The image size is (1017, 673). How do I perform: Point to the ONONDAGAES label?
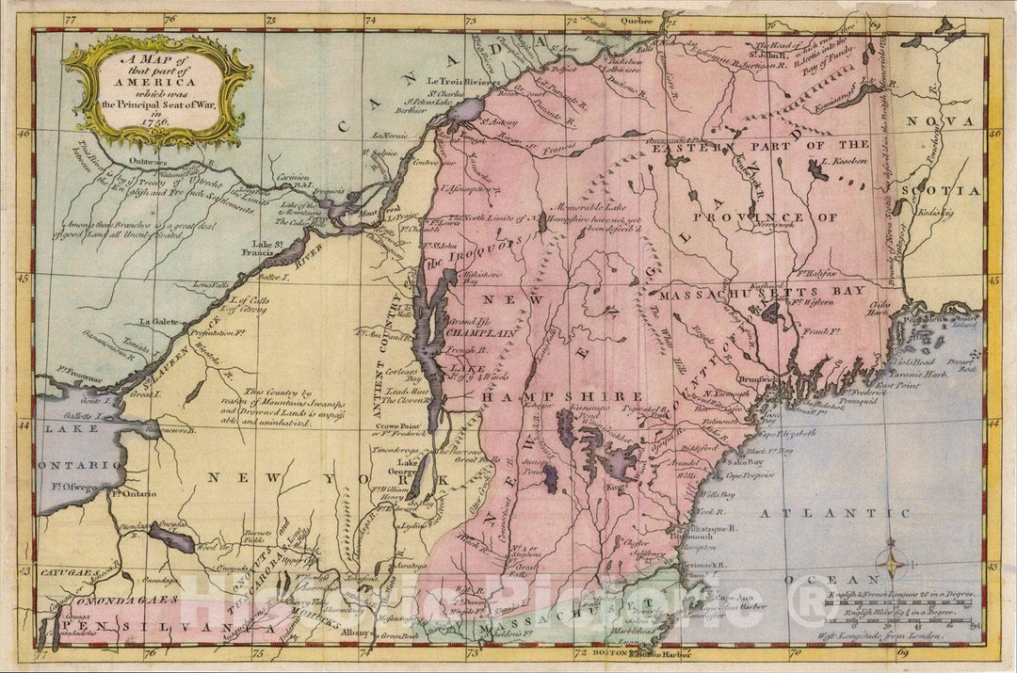click(109, 599)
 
